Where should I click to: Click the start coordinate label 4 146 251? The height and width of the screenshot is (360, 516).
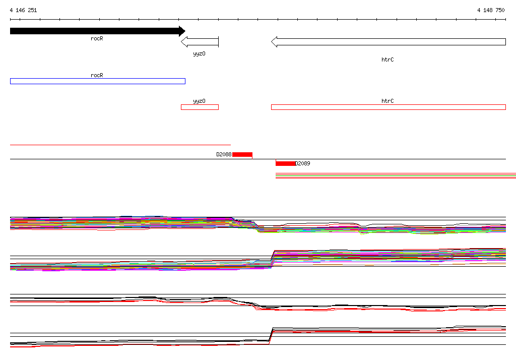tap(23, 10)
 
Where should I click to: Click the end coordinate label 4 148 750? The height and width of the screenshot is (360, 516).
tap(491, 10)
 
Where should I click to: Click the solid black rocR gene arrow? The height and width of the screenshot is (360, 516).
tap(98, 31)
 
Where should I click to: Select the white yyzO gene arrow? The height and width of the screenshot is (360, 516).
tap(200, 42)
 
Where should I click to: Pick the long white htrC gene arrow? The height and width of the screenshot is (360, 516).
tap(389, 42)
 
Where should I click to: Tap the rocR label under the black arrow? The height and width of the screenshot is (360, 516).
tap(97, 38)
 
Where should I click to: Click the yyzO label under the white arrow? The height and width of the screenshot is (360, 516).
tap(199, 53)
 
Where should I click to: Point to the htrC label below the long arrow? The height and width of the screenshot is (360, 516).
tap(388, 59)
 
